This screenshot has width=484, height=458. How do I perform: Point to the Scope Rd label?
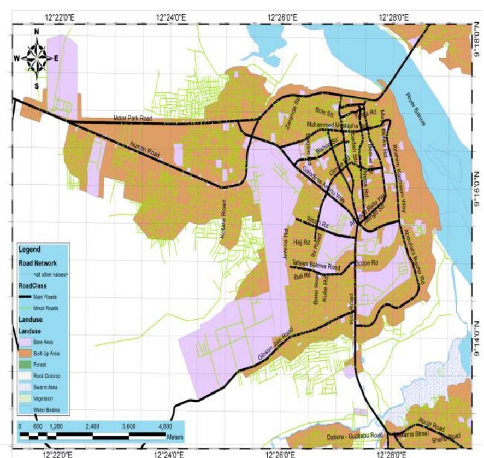(367, 263)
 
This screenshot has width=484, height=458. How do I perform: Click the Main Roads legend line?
(26, 297)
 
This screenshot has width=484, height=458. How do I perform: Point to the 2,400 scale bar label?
(92, 426)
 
